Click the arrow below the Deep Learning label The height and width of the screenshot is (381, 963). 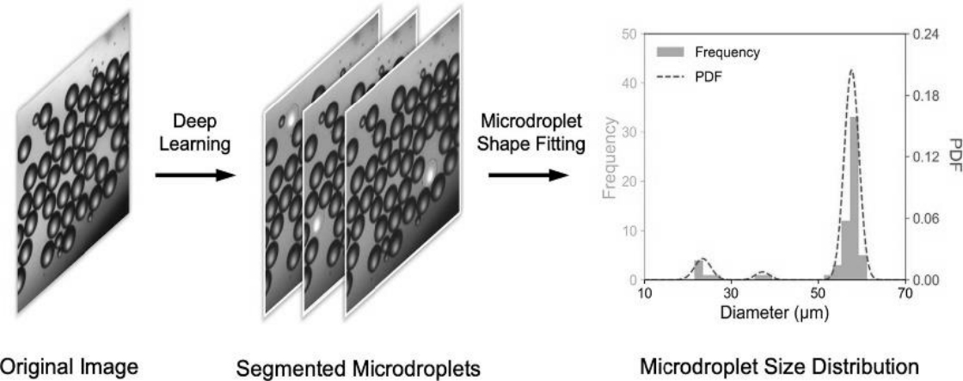184,175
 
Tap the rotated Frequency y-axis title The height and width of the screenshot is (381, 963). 611,157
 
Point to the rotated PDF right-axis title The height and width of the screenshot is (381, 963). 951,157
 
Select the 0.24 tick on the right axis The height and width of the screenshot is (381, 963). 924,34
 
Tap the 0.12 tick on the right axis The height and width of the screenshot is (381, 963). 924,157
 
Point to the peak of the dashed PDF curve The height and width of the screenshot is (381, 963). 851,71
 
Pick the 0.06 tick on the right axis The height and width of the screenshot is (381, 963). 924,218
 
